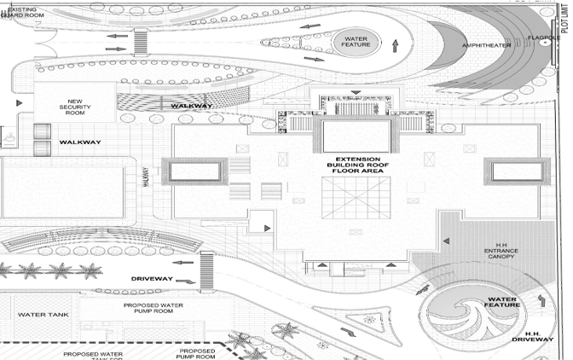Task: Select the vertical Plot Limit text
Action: [563, 34]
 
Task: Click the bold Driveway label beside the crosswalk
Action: [153, 278]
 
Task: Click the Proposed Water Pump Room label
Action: [156, 308]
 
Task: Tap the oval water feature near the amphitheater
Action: [355, 40]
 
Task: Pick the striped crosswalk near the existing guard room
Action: [142, 41]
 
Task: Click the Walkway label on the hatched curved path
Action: [191, 106]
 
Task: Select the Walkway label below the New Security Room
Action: [82, 142]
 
